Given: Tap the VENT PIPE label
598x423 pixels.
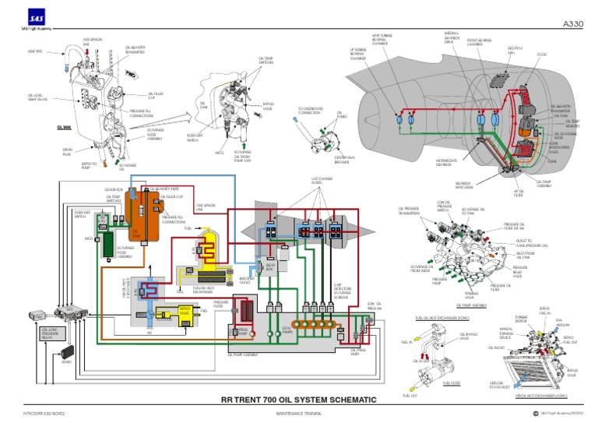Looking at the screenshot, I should [35, 52].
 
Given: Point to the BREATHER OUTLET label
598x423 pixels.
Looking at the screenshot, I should [247, 279].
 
